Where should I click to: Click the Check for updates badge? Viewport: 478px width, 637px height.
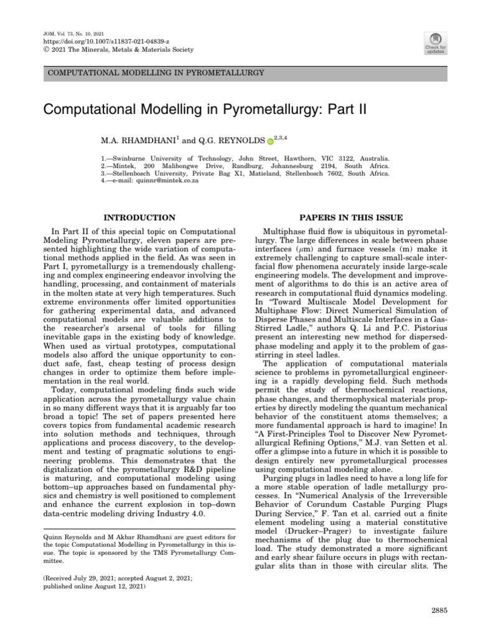click(434, 42)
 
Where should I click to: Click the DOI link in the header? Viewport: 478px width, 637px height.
click(92, 41)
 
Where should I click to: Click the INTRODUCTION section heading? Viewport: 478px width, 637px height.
click(139, 218)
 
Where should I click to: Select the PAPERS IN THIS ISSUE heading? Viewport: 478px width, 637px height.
click(351, 218)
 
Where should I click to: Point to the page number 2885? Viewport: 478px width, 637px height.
click(439, 611)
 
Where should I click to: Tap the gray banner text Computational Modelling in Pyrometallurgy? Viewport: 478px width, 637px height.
click(156, 73)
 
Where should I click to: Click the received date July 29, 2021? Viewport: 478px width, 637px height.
click(95, 578)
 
